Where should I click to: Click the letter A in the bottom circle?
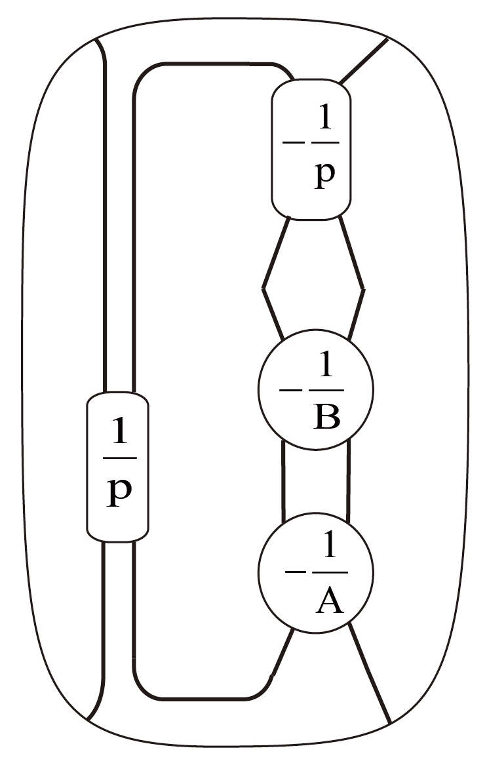click(329, 600)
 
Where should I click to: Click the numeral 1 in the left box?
click(119, 431)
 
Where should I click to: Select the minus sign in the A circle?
click(293, 572)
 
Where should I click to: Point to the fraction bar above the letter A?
click(329, 572)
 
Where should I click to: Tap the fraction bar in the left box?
click(119, 458)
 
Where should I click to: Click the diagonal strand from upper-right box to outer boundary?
click(364, 60)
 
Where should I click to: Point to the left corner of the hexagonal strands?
click(263, 287)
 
